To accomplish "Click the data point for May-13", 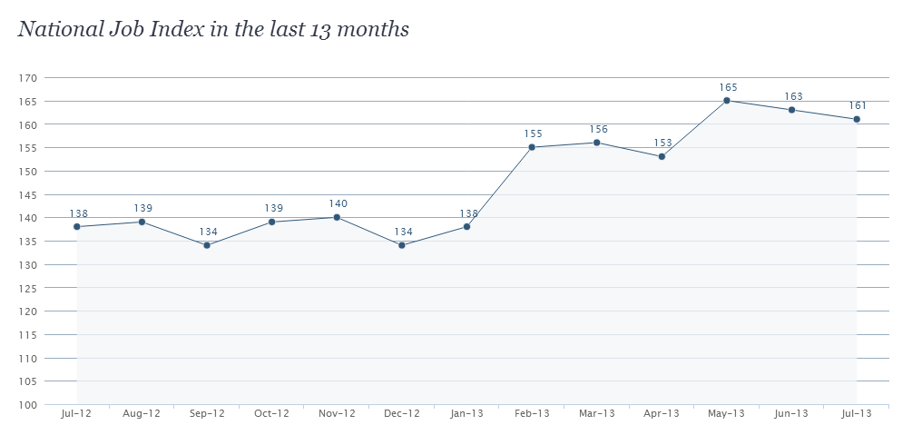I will [727, 101].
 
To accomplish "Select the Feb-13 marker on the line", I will [532, 147].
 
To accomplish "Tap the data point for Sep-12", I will [207, 245].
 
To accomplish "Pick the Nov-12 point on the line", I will [337, 217].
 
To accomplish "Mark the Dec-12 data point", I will [402, 245].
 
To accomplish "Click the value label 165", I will [728, 87].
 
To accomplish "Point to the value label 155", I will [533, 133].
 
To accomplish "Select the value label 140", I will [338, 203].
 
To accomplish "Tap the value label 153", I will [662, 143].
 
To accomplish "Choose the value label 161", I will [858, 105].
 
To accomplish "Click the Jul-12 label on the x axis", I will [77, 413].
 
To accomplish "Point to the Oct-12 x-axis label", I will [271, 413].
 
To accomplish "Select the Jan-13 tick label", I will [466, 413].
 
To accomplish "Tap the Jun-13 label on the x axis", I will [791, 413].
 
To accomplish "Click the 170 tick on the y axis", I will [26, 78].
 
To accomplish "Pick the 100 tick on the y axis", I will [26, 405].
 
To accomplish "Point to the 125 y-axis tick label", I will [26, 288].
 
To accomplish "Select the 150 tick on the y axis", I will [26, 172].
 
